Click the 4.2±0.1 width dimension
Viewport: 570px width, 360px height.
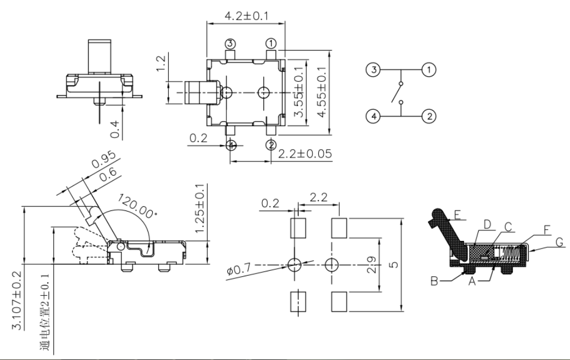pos(246,16)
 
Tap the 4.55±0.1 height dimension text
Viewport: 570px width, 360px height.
pos(322,92)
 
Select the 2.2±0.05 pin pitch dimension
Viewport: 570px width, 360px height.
pos(305,153)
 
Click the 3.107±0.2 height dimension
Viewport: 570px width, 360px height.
pos(17,300)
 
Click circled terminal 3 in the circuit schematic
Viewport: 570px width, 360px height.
pos(373,70)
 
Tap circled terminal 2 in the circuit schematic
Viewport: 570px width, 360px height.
pos(429,116)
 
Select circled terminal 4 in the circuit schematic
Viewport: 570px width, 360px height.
pos(373,116)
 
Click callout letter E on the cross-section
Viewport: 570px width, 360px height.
pos(457,215)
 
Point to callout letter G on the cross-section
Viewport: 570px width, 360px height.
pos(560,242)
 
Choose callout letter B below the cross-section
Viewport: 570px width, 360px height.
pos(435,281)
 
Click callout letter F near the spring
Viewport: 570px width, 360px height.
pos(547,230)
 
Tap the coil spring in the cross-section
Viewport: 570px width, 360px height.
pos(512,252)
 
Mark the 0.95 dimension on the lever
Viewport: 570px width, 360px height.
pos(103,160)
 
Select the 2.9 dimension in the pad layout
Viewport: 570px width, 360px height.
pos(371,265)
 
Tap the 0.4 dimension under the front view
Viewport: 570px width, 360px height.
pos(115,129)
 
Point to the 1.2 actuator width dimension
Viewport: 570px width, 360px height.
pos(161,63)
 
